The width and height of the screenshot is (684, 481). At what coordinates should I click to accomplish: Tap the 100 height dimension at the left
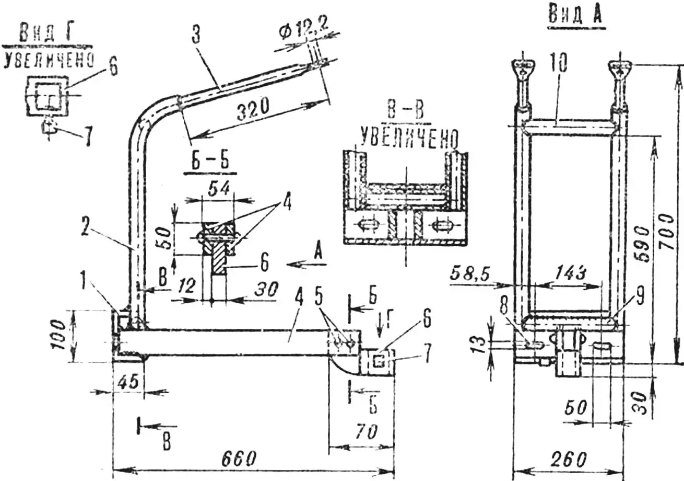click(x=62, y=335)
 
